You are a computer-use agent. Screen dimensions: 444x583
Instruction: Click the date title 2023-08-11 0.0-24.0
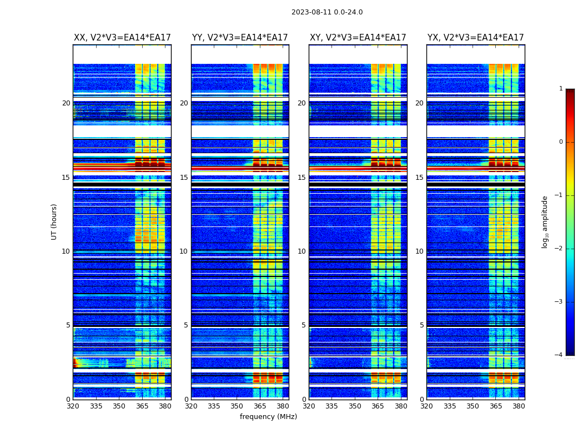[x=327, y=12]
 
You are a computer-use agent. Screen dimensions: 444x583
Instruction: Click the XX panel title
[x=122, y=38]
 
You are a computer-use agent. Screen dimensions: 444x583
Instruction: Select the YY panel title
[x=240, y=38]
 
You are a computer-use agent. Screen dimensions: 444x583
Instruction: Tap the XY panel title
[x=358, y=38]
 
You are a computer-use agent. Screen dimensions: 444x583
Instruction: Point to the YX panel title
[x=475, y=38]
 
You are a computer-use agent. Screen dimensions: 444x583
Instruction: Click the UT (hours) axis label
[x=54, y=221]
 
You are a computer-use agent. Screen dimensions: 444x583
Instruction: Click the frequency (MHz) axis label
[x=268, y=417]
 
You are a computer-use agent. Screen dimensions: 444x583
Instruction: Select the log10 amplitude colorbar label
[x=545, y=221]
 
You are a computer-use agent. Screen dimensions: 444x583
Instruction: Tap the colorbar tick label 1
[x=560, y=89]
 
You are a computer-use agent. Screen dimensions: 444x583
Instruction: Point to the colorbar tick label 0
[x=560, y=142]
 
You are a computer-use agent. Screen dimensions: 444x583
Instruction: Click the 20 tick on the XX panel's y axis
[x=66, y=103]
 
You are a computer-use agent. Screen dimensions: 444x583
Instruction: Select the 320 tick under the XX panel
[x=73, y=406]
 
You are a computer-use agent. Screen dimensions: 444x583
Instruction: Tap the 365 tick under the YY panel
[x=260, y=406]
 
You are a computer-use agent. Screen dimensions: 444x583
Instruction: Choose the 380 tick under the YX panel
[x=519, y=406]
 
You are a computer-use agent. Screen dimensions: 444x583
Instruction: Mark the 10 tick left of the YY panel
[x=184, y=251]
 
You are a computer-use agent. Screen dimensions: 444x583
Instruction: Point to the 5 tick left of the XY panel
[x=304, y=325]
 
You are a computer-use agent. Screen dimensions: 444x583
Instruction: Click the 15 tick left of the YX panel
[x=419, y=178]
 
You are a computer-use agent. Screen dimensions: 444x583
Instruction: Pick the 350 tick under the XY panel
[x=355, y=406]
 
